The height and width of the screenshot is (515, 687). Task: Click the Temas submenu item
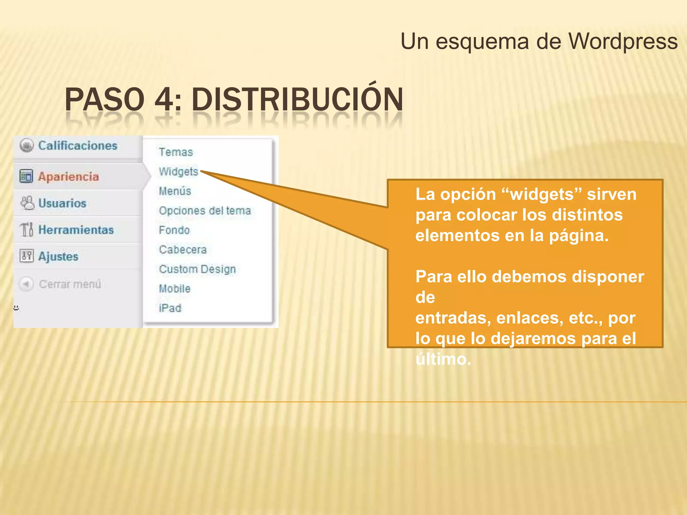click(x=176, y=152)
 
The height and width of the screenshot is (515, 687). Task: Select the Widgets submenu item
click(x=178, y=172)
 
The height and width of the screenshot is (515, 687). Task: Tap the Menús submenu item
click(x=175, y=191)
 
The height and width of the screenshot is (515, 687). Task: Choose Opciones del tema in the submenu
click(x=205, y=211)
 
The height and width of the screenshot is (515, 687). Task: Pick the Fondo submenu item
click(x=174, y=230)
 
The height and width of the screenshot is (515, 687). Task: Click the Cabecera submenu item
click(x=183, y=249)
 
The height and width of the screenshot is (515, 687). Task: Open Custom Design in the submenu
click(x=197, y=269)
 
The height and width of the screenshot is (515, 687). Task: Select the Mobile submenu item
click(x=174, y=288)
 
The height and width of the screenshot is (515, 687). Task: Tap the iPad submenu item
click(x=170, y=308)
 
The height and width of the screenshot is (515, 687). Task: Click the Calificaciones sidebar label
click(x=77, y=146)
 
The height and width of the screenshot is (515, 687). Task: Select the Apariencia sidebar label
click(x=68, y=176)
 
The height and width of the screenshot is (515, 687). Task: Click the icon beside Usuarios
click(x=27, y=203)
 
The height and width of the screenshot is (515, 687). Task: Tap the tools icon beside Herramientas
click(x=27, y=230)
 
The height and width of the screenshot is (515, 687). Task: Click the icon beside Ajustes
click(x=27, y=256)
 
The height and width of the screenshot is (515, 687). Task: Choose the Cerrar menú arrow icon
click(x=26, y=284)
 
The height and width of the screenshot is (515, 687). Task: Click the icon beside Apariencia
click(x=26, y=176)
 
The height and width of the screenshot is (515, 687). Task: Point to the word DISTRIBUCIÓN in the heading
click(x=297, y=100)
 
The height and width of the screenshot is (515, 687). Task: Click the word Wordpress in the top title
click(x=623, y=42)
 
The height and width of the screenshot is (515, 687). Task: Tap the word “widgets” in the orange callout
click(x=542, y=194)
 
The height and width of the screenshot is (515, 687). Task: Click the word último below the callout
click(x=443, y=359)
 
